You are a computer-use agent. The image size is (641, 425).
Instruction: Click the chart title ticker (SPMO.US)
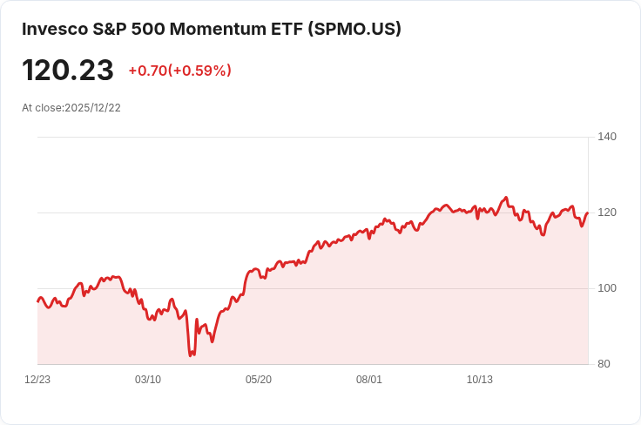click(x=354, y=30)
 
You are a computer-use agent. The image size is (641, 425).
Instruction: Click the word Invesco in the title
click(x=55, y=30)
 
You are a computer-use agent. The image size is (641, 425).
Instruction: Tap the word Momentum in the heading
click(x=218, y=30)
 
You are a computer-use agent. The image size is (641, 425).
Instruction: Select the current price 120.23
click(x=68, y=71)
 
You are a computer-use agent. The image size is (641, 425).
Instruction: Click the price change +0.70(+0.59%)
click(x=180, y=71)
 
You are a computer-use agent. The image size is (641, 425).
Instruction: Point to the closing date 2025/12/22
click(x=93, y=108)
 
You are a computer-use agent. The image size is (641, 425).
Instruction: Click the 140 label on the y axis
click(x=607, y=137)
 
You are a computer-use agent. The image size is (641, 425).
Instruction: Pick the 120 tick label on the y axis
click(x=607, y=212)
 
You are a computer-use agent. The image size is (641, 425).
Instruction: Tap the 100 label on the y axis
click(x=607, y=288)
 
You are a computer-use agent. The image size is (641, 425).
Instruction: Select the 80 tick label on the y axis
click(x=604, y=364)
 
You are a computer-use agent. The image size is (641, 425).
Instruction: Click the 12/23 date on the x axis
click(x=37, y=380)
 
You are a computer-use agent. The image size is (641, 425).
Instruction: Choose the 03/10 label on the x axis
click(x=148, y=380)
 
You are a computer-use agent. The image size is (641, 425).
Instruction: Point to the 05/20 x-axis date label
click(x=259, y=380)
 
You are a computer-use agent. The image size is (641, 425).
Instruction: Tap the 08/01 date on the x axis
click(x=369, y=380)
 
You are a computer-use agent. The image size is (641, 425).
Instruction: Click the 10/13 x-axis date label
click(x=480, y=380)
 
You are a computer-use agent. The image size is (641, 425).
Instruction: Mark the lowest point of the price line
click(x=191, y=355)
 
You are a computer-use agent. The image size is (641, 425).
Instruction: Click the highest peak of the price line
click(x=507, y=198)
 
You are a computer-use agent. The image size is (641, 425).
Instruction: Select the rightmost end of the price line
click(x=588, y=212)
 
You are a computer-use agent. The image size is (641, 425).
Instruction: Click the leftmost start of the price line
click(x=37, y=301)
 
